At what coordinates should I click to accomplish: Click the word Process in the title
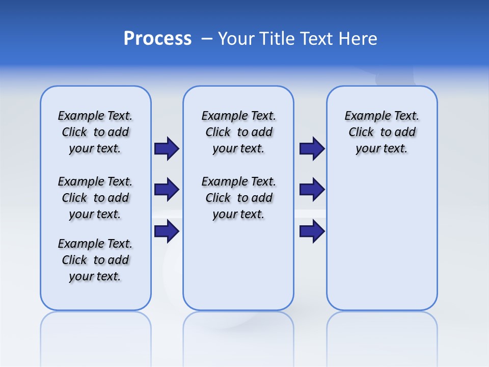[157, 39]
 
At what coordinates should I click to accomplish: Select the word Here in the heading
[357, 39]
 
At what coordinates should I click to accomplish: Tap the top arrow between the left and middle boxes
[167, 148]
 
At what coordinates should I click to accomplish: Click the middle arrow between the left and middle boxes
[167, 190]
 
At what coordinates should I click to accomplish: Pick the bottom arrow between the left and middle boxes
[167, 231]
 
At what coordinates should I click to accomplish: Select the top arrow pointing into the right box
[312, 148]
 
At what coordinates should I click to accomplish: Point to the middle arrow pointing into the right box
[312, 190]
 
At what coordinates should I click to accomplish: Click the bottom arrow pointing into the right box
[312, 231]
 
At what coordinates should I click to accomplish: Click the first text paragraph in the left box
[95, 132]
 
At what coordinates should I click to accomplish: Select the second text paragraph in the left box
[95, 198]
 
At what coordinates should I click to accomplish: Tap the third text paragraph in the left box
[95, 260]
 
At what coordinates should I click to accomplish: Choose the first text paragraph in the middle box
[238, 132]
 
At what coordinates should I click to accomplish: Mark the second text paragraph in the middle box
[238, 198]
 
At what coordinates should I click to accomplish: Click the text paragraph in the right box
[382, 132]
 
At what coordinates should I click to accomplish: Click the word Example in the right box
[364, 116]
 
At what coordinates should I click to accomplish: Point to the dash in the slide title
[207, 39]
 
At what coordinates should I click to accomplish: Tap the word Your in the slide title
[237, 39]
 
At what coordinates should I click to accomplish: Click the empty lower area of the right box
[382, 245]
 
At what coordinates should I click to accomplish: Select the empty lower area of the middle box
[238, 265]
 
